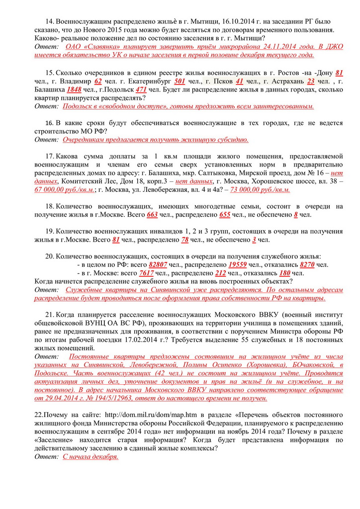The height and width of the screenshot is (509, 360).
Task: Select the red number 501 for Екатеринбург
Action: [180, 81]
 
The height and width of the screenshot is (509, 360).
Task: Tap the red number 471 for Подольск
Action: [141, 89]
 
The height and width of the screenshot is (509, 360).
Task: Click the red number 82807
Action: [158, 264]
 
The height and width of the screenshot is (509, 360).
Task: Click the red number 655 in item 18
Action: [225, 215]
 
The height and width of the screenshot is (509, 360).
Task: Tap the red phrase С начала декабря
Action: [90, 456]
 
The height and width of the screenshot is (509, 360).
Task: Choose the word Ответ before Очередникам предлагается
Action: [47, 140]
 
